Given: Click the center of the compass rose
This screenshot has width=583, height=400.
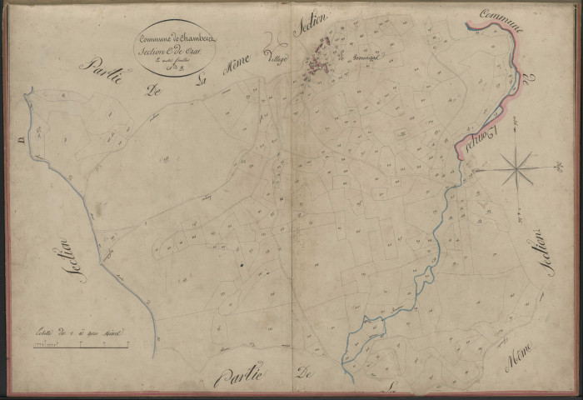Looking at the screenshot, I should (x=517, y=169).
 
